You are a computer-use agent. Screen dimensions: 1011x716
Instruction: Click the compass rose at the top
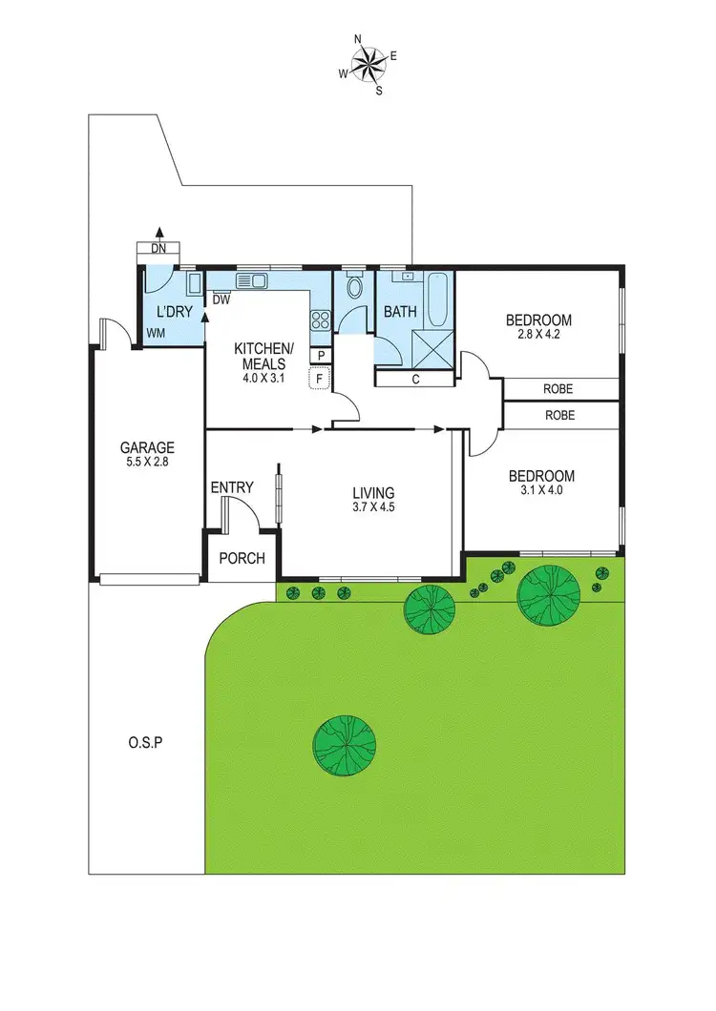368,65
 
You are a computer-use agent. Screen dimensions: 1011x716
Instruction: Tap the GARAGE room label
146,447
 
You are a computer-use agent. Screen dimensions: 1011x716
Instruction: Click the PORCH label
242,558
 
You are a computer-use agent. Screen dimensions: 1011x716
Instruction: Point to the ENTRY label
232,487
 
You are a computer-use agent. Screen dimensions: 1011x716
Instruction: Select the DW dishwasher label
221,299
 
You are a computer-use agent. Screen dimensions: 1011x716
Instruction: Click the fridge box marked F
320,379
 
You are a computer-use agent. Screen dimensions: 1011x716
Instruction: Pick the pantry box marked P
321,355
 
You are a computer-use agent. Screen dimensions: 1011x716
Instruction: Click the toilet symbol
353,288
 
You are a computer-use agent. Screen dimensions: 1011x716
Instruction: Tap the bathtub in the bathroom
440,298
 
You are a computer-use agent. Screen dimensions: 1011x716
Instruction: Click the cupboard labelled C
415,379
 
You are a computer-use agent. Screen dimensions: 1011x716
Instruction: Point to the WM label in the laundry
155,333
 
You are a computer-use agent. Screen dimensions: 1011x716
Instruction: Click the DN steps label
159,249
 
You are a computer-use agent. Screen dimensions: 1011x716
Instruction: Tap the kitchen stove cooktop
321,320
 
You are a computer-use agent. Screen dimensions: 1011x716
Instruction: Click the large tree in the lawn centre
345,744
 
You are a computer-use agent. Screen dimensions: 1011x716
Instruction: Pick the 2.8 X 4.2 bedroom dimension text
538,335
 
